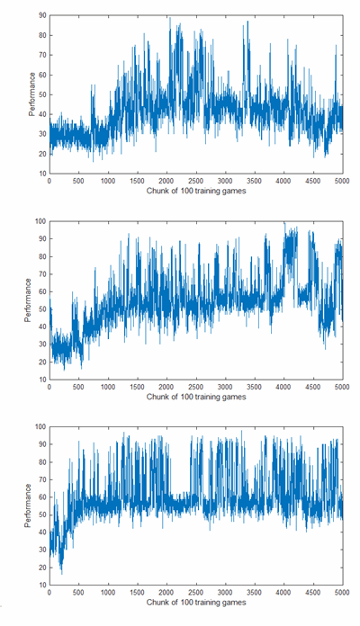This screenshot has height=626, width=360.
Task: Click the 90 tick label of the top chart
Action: point(42,15)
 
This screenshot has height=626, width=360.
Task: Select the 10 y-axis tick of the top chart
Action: point(42,174)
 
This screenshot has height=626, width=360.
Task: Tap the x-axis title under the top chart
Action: point(196,191)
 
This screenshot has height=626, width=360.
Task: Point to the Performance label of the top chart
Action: point(32,94)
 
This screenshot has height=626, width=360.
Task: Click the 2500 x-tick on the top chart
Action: point(196,181)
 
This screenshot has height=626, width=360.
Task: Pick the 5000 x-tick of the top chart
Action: point(342,181)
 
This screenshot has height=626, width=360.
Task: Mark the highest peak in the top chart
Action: point(170,18)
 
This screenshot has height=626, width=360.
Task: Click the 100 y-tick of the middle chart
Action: point(40,221)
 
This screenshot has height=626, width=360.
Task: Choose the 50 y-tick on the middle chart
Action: point(42,309)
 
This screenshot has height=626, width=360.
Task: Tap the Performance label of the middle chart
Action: point(28,300)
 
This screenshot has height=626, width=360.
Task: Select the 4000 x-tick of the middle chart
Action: point(283,387)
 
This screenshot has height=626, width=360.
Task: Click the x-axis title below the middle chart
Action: point(196,397)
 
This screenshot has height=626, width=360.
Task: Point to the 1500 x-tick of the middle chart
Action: point(138,387)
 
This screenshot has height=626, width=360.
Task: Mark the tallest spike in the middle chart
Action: point(284,223)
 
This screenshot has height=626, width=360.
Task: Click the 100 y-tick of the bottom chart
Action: point(40,427)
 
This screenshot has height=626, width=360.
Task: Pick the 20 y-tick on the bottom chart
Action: point(42,568)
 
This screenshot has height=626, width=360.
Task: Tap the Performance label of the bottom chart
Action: point(28,505)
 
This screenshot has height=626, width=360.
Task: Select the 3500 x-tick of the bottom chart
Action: point(255,593)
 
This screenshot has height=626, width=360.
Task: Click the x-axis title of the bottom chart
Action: point(196,603)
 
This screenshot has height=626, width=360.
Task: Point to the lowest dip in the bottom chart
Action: point(62,574)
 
